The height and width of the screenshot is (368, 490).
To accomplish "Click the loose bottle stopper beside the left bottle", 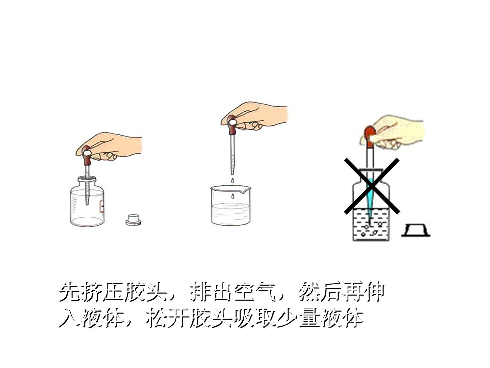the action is pyautogui.click(x=133, y=220).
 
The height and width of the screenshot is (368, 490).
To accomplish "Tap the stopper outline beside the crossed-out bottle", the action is pyautogui.click(x=416, y=230).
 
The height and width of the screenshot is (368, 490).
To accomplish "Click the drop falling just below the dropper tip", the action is pyautogui.click(x=233, y=180).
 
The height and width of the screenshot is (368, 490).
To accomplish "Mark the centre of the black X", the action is pyautogui.click(x=372, y=186).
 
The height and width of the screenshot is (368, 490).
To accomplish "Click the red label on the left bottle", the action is pyautogui.click(x=101, y=206).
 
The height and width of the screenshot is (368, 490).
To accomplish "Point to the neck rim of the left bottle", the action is pyautogui.click(x=87, y=179).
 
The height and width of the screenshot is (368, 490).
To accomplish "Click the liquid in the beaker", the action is pyautogui.click(x=231, y=213).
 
